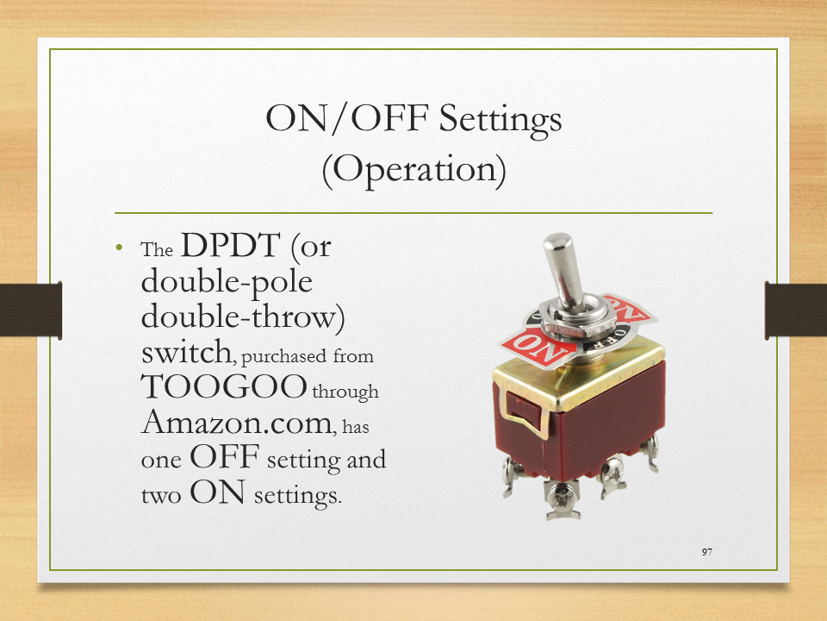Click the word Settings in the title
coord(500,119)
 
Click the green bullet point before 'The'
coord(119,248)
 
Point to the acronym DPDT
coord(231,245)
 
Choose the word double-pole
coord(227,282)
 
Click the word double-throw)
coord(243,317)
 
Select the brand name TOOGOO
coord(224,386)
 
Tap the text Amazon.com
coord(239,422)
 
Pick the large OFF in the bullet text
coord(225,456)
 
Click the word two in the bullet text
coord(161,495)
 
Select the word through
coord(345,392)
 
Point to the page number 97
coord(707,552)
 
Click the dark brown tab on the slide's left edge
coord(31,310)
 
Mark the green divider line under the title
coord(413,213)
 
